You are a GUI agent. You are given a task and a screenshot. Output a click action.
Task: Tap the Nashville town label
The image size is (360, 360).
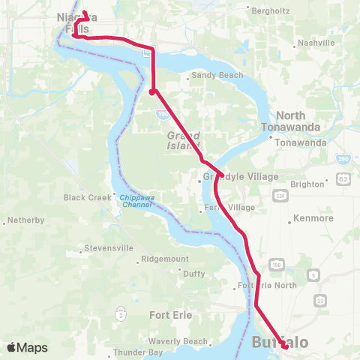click(316, 43)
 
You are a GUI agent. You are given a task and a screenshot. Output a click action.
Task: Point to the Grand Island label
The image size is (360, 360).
click(183, 140)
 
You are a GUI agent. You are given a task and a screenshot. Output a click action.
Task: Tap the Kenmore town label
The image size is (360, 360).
click(314, 218)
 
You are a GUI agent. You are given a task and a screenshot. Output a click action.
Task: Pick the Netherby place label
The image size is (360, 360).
click(27, 221)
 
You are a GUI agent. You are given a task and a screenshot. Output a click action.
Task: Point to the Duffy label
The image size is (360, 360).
click(193, 274)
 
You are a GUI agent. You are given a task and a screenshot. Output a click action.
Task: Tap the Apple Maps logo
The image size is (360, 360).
click(27, 347)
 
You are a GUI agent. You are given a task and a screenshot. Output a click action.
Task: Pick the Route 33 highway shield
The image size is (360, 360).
click(321, 300)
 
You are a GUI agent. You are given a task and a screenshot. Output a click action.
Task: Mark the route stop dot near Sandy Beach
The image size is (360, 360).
click(152, 92)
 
